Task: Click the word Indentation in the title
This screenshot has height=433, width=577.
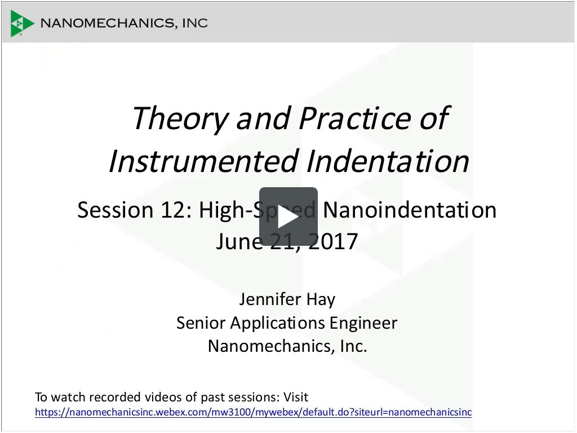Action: [x=389, y=161]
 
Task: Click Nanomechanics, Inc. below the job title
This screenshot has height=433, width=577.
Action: [x=287, y=345]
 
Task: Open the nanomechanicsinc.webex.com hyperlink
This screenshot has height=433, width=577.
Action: [x=253, y=412]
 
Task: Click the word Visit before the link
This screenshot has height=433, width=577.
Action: [x=295, y=397]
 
